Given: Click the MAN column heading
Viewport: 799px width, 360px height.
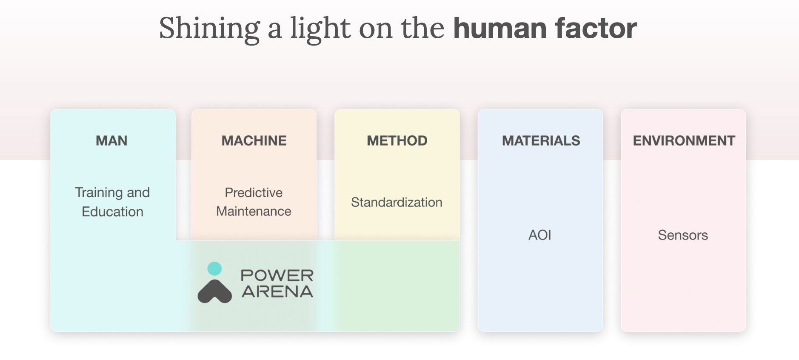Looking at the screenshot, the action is [x=111, y=141].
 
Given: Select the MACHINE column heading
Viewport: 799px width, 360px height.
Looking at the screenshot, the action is [x=254, y=141].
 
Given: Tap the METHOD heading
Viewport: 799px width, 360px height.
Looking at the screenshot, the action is [x=397, y=141].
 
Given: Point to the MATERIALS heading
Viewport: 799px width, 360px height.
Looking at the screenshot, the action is [x=541, y=141].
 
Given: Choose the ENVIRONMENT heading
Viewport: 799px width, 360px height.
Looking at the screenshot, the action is [x=684, y=141].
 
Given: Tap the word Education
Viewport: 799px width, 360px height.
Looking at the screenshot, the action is [x=112, y=211].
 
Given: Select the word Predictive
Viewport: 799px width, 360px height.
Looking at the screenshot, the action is [x=254, y=192].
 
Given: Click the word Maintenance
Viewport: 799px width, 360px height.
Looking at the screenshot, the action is [x=254, y=211].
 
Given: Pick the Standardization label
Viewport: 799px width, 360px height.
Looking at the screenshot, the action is [x=397, y=202].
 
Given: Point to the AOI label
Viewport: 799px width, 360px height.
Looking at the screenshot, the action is [x=539, y=235].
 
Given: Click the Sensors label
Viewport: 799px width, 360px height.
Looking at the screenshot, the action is [x=683, y=235].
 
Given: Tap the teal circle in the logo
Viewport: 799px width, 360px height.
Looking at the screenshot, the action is [x=214, y=269].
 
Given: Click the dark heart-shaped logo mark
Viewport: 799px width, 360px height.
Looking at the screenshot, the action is [x=214, y=291].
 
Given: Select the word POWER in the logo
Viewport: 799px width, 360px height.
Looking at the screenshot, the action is [x=277, y=276].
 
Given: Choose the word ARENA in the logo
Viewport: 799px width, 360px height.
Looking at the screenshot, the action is [x=277, y=292].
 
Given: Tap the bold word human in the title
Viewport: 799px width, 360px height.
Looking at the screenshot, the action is [x=500, y=29].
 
